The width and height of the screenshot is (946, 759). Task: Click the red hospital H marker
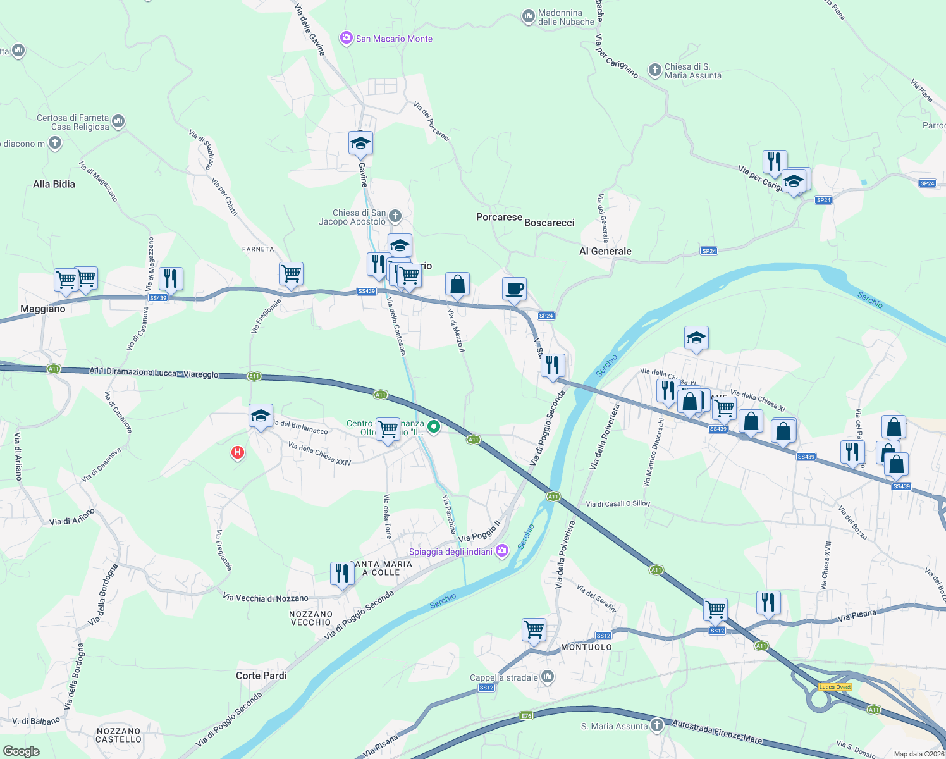tap(238, 452)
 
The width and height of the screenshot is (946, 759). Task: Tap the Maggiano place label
tap(43, 309)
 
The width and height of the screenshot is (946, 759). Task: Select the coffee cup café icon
tap(513, 289)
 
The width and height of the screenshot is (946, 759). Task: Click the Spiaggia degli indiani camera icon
tap(502, 551)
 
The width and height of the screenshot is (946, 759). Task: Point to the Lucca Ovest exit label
tap(835, 687)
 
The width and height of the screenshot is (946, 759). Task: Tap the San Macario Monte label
tap(394, 39)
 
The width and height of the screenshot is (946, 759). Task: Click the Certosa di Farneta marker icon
tap(118, 121)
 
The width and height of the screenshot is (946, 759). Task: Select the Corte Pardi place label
tap(261, 676)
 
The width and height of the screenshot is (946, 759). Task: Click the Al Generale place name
tap(605, 251)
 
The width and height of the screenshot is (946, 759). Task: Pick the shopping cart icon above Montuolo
tap(534, 629)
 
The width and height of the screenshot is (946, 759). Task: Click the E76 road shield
tap(526, 716)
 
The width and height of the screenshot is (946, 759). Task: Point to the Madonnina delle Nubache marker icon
tap(528, 16)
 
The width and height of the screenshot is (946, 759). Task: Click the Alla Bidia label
tap(54, 184)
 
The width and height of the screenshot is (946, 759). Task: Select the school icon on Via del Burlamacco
tap(261, 416)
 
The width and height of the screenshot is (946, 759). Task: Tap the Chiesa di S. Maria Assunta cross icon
tap(655, 70)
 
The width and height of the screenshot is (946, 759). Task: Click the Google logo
tap(21, 751)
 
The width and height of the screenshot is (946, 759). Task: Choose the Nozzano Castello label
tap(119, 735)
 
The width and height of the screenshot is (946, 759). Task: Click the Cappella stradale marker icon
tap(548, 677)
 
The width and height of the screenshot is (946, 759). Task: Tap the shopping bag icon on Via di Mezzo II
tap(457, 285)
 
